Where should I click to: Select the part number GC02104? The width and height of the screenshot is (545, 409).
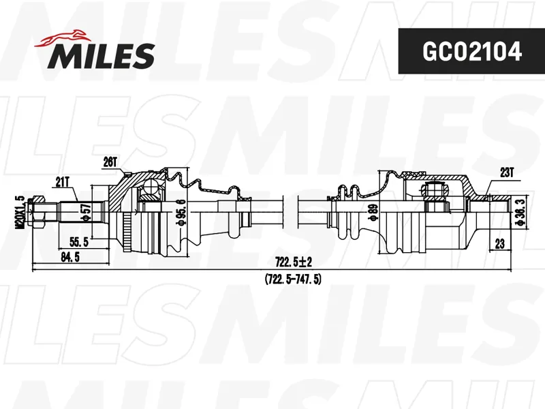pos(471,52)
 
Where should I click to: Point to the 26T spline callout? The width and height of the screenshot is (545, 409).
pos(110,162)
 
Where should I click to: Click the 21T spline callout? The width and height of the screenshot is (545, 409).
pos(63,182)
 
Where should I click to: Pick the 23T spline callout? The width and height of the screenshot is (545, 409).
pos(507,172)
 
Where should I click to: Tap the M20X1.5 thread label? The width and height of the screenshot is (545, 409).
pos(20,212)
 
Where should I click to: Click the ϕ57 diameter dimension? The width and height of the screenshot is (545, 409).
pos(87,213)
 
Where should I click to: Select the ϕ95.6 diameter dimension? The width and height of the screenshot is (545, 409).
pos(181,213)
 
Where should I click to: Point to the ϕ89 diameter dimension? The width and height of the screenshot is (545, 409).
pos(373,213)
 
